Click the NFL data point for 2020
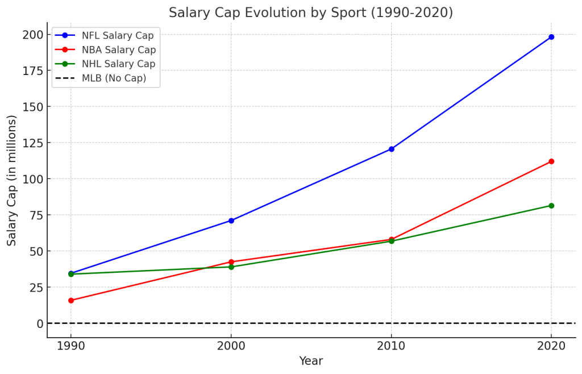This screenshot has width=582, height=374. pos(551,37)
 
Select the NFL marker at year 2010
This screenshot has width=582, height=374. pos(391,149)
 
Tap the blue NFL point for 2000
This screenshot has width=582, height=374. pos(231,221)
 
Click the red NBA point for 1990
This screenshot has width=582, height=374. pos(71,300)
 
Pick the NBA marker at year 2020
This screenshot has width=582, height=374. pos(551,161)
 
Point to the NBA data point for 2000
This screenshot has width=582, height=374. pos(231,262)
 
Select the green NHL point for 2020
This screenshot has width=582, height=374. pos(551,206)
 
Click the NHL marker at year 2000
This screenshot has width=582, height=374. pos(231,267)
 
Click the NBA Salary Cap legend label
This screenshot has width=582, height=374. pos(119,50)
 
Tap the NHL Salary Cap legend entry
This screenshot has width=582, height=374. pos(118,64)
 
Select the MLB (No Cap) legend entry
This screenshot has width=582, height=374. pos(114,78)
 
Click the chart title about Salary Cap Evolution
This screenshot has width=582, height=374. pos(311,13)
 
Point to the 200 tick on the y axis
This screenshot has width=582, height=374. pos(33,35)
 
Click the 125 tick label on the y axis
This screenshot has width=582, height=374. pos(33,143)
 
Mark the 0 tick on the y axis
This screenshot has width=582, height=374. pos(40,323)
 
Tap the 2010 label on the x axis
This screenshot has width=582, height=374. pos(391,345)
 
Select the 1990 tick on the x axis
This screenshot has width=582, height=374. pos(71,345)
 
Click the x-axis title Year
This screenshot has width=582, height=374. pos(311,361)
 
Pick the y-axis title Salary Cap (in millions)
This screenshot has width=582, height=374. pos(12,180)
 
